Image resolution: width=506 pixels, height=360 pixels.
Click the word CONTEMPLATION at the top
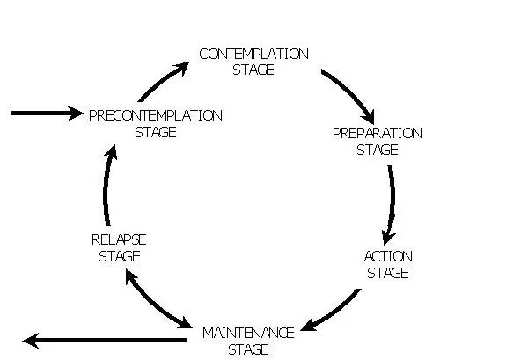253,54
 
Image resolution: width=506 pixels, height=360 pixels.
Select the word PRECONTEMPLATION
156,115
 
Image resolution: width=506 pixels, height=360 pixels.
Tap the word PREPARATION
377,133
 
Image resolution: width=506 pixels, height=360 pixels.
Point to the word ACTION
387,256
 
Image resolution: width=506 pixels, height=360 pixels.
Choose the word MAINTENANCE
247,333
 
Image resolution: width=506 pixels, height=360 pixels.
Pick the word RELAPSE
119,239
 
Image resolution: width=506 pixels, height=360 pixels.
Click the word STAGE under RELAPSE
119,256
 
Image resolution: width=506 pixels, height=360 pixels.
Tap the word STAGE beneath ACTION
387,273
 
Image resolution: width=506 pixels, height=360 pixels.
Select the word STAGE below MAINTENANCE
247,349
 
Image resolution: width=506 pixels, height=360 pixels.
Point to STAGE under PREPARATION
377,150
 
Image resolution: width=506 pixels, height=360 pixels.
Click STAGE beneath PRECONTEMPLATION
156,132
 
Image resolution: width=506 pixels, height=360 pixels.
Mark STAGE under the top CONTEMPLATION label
253,70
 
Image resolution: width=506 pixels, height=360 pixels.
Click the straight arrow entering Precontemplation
46,114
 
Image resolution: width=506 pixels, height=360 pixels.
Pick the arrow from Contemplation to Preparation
349,95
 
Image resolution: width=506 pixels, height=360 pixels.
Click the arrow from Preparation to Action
390,202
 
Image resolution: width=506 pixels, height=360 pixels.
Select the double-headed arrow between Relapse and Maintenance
158,299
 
